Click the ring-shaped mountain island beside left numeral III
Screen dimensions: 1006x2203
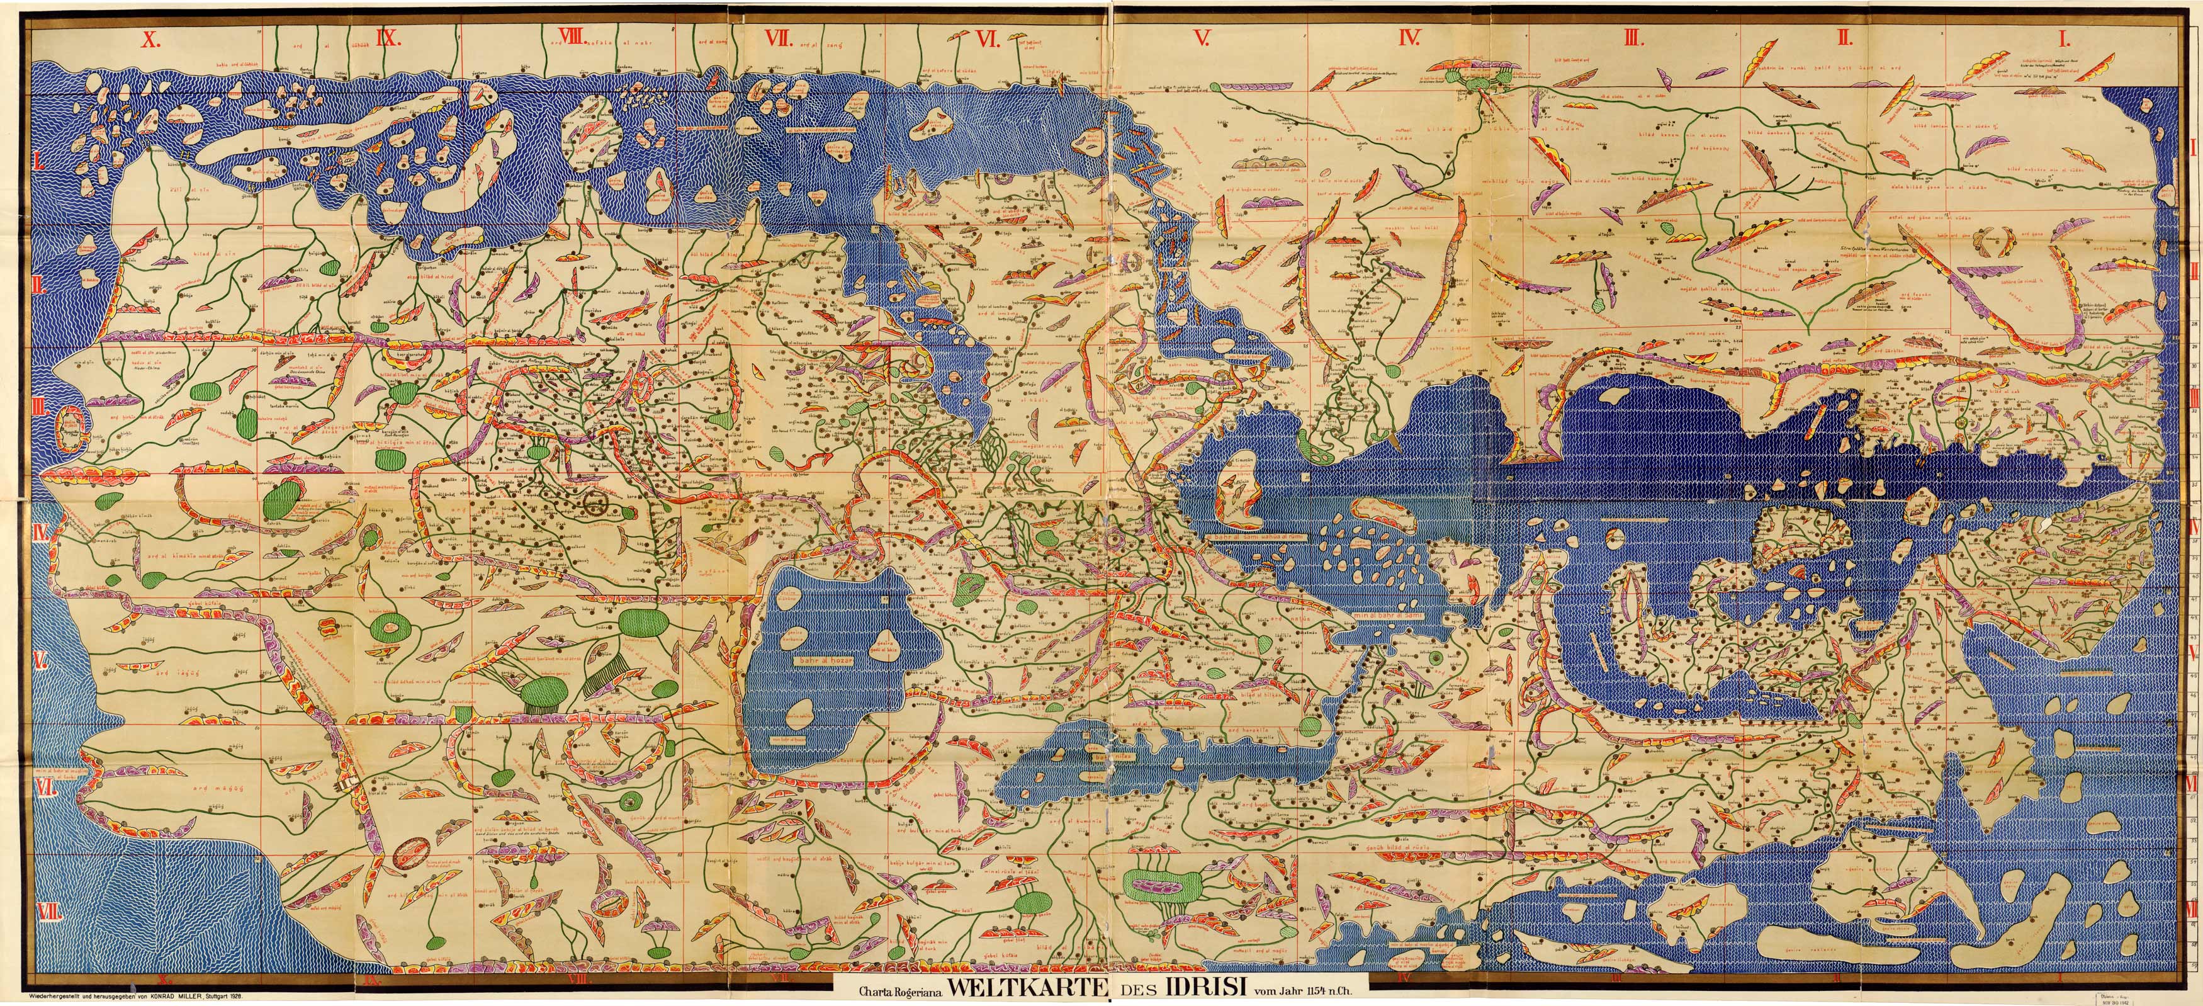pyautogui.click(x=71, y=429)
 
